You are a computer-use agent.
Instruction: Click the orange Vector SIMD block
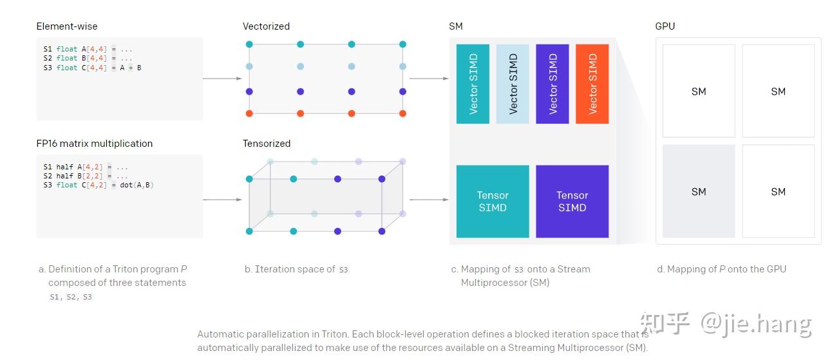coord(592,84)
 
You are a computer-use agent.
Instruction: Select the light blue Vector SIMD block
coord(513,84)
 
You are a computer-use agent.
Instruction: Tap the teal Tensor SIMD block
coord(493,201)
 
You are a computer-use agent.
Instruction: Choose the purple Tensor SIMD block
coord(572,201)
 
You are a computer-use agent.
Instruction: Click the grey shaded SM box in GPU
coord(699,191)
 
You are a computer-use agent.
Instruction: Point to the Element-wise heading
coord(67,26)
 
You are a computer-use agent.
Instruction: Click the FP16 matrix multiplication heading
coord(95,144)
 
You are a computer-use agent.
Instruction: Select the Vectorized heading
coord(266,26)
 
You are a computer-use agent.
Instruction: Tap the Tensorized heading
coord(267,144)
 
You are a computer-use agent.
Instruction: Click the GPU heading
coord(665,26)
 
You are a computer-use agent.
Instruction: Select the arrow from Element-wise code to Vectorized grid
coord(222,79)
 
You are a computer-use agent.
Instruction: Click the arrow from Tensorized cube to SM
coord(428,200)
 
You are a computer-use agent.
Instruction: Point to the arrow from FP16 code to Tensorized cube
coord(222,200)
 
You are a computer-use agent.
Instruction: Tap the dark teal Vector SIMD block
coord(473,84)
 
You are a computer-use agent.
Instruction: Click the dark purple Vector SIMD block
coord(553,84)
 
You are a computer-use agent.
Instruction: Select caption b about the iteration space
coord(296,269)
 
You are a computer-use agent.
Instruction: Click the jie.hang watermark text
coord(756,323)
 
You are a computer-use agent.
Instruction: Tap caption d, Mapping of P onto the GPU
coord(721,269)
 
